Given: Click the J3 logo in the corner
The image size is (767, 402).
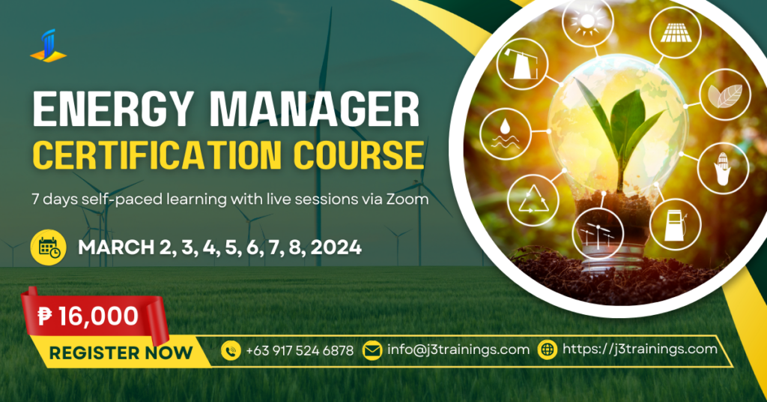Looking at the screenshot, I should point(48,46).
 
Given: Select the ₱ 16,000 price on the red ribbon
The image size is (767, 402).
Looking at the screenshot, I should point(88,316).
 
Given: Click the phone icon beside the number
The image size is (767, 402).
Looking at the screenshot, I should point(230,349).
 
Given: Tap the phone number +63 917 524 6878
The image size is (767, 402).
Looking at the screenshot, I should point(299,350).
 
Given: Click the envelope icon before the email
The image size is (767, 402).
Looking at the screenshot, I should point(372,349).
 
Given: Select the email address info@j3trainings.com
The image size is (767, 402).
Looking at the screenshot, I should point(458,349).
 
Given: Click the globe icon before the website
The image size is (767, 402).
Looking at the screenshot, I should point(548,349).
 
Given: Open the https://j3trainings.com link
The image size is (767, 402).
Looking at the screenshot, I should point(639,349).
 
